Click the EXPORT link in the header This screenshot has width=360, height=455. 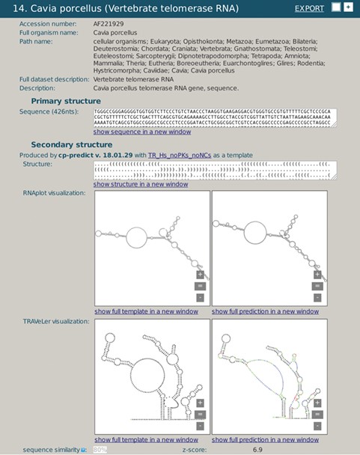point(309,8)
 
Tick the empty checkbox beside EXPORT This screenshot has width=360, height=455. point(335,7)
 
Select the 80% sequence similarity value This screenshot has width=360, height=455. point(100,450)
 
